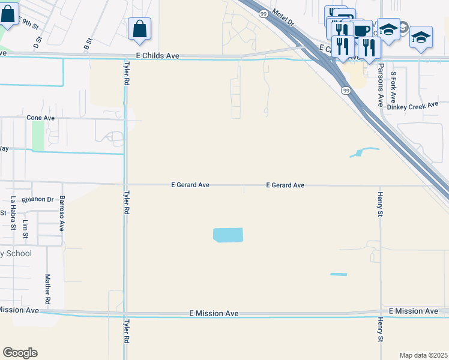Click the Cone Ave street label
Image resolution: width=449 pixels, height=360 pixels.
(x=40, y=118)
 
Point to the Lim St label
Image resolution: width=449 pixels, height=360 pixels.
(x=25, y=229)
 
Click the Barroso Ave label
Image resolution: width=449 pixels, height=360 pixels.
(x=61, y=212)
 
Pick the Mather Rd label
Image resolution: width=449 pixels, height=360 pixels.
(x=47, y=289)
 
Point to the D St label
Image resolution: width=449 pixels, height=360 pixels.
(x=37, y=42)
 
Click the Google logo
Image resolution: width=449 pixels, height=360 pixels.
(x=20, y=353)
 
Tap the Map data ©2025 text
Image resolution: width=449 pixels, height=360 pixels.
(x=423, y=355)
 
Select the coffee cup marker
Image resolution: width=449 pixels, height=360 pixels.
(x=362, y=30)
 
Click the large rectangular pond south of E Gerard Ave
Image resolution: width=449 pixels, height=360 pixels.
(x=229, y=235)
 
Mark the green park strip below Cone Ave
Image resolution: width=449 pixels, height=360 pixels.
(x=38, y=136)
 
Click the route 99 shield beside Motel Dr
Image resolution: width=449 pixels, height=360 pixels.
(x=264, y=13)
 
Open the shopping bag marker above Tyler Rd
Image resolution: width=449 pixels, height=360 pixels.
(x=139, y=29)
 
